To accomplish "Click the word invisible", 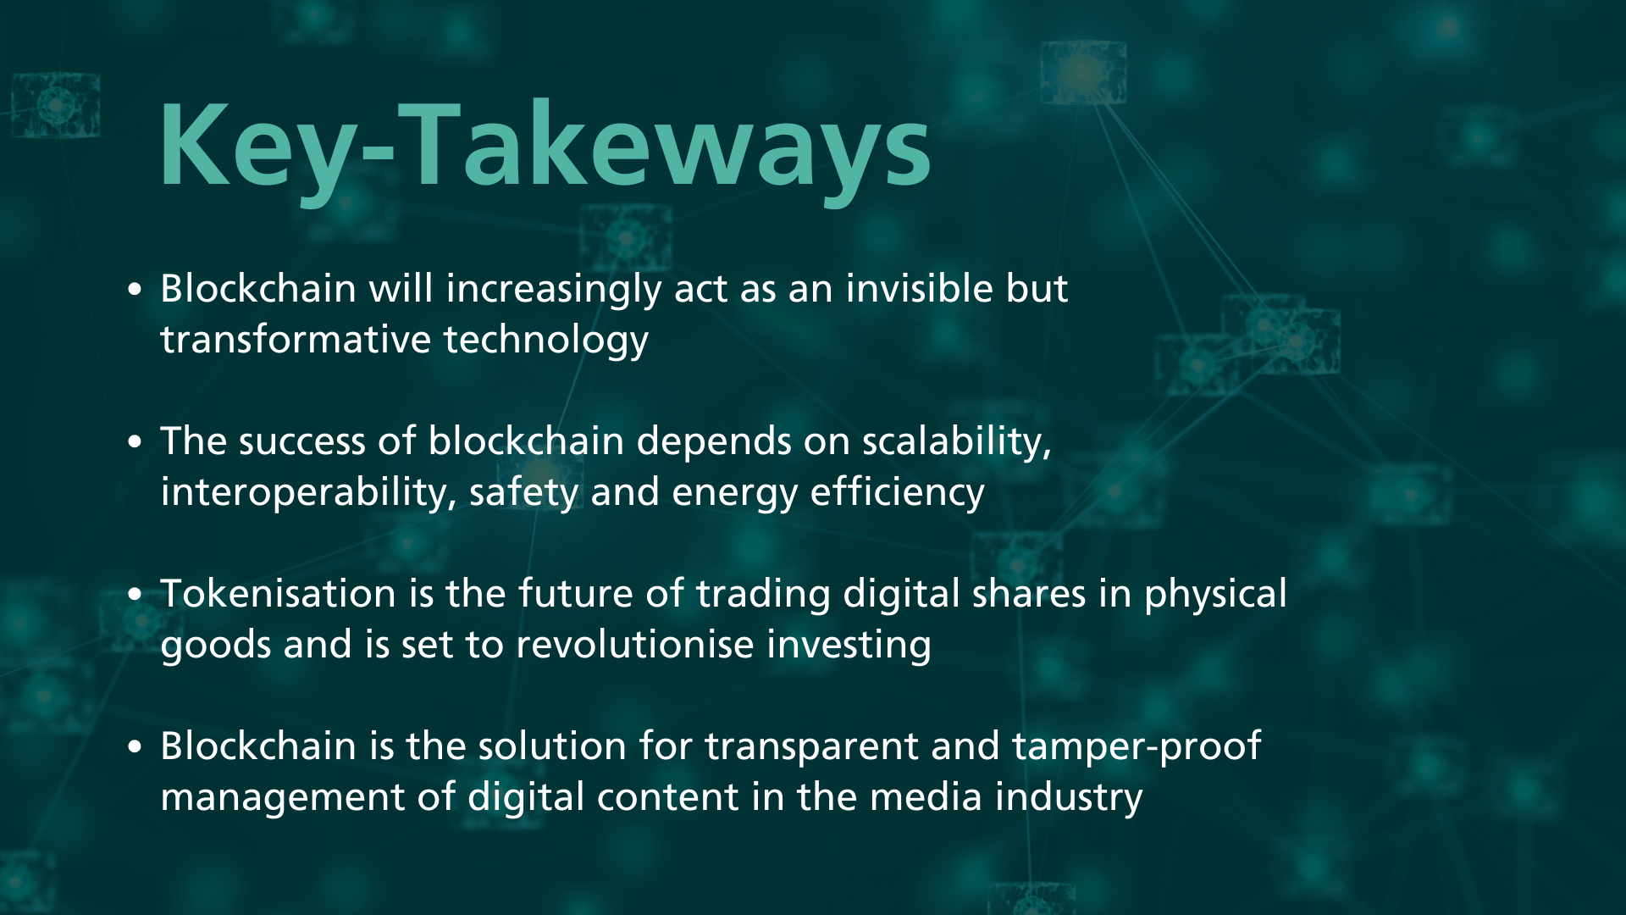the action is [920, 288].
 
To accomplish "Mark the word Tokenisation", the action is [279, 593].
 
